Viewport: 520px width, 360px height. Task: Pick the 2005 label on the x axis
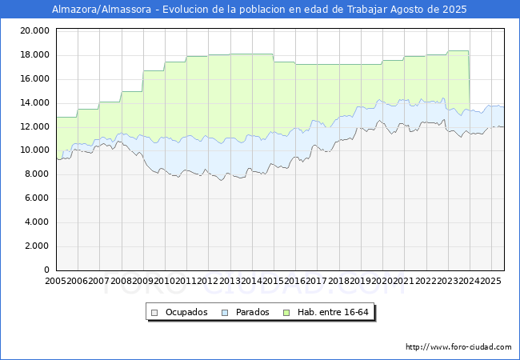tap(56, 282)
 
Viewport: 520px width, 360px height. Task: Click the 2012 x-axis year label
tap(208, 282)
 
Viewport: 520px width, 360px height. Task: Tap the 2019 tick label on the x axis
tap(361, 282)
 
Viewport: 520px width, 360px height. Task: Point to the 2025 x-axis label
tap(490, 282)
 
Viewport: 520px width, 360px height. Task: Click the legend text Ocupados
tap(186, 312)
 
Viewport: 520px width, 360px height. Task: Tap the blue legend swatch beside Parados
tap(226, 312)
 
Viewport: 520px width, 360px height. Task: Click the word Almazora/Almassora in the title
tap(102, 10)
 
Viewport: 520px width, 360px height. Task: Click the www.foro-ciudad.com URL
tap(458, 347)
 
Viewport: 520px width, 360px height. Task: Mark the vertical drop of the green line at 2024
tap(469, 80)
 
